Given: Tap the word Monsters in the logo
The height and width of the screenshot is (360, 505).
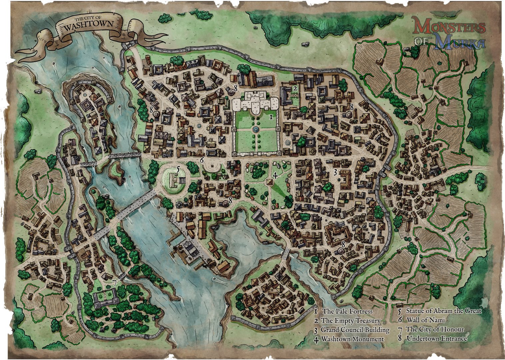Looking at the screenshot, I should click(x=449, y=26).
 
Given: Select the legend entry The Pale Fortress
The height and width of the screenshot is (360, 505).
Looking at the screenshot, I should click(x=347, y=311).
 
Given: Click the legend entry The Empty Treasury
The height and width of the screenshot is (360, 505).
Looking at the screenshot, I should click(x=350, y=321).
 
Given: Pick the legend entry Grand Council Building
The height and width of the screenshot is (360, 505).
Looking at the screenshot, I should click(x=355, y=330).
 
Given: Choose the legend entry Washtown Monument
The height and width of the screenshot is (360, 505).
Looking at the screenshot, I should click(x=352, y=339).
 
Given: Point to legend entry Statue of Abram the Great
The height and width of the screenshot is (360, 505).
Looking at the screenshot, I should click(x=443, y=311).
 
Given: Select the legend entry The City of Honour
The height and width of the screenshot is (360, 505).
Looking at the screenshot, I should click(x=434, y=329).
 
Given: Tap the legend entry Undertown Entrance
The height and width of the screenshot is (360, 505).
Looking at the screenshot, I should click(x=436, y=338).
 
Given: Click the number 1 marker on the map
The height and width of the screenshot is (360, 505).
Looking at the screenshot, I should click(x=271, y=117).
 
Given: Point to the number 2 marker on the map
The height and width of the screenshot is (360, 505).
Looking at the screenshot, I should click(x=295, y=88).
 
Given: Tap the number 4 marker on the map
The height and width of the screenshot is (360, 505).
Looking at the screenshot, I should click(x=275, y=175).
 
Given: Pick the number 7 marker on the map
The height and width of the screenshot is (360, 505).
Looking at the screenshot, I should click(x=115, y=283).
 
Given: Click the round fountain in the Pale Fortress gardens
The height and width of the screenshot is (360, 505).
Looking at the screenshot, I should click(x=255, y=129).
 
